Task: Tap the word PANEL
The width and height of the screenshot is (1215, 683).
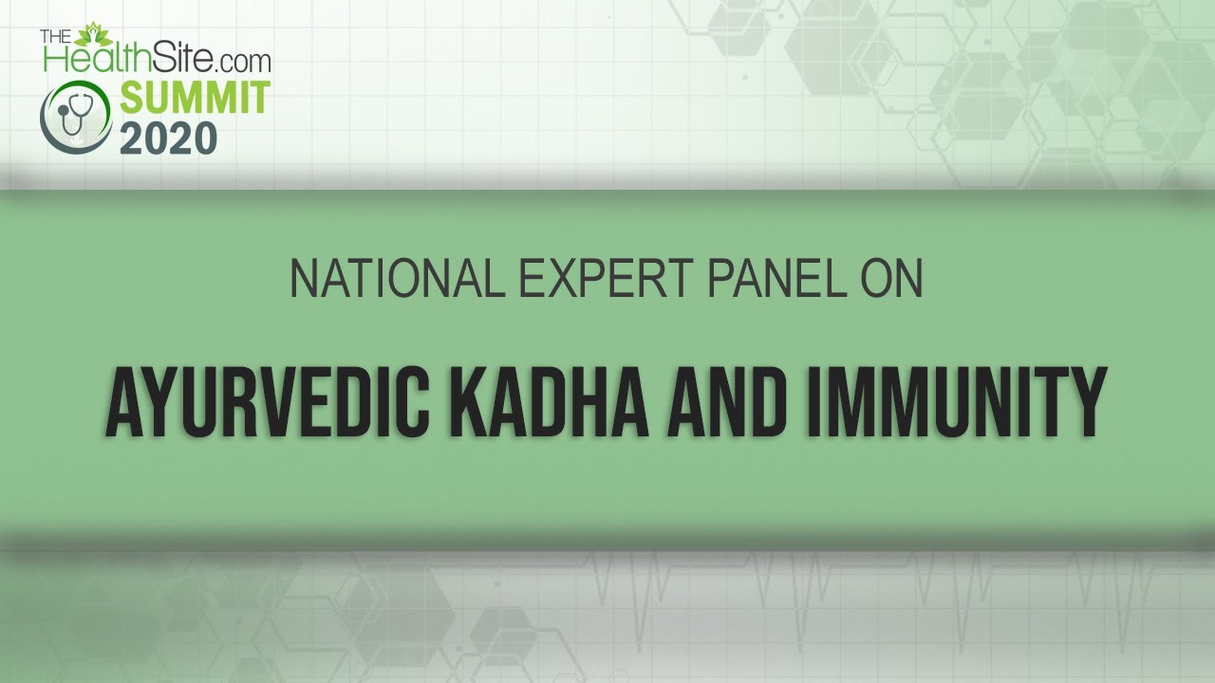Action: click(777, 278)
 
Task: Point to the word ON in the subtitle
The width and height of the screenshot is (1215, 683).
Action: click(891, 278)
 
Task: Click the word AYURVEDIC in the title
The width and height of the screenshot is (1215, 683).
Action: click(268, 401)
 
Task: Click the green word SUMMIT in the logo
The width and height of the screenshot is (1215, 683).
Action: click(196, 98)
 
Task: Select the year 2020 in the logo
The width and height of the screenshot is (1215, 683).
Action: click(169, 138)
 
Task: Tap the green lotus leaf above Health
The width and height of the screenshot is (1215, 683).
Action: click(93, 35)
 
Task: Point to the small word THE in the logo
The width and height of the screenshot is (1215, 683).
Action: click(56, 36)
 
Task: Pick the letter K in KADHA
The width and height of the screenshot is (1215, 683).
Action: click(468, 401)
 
